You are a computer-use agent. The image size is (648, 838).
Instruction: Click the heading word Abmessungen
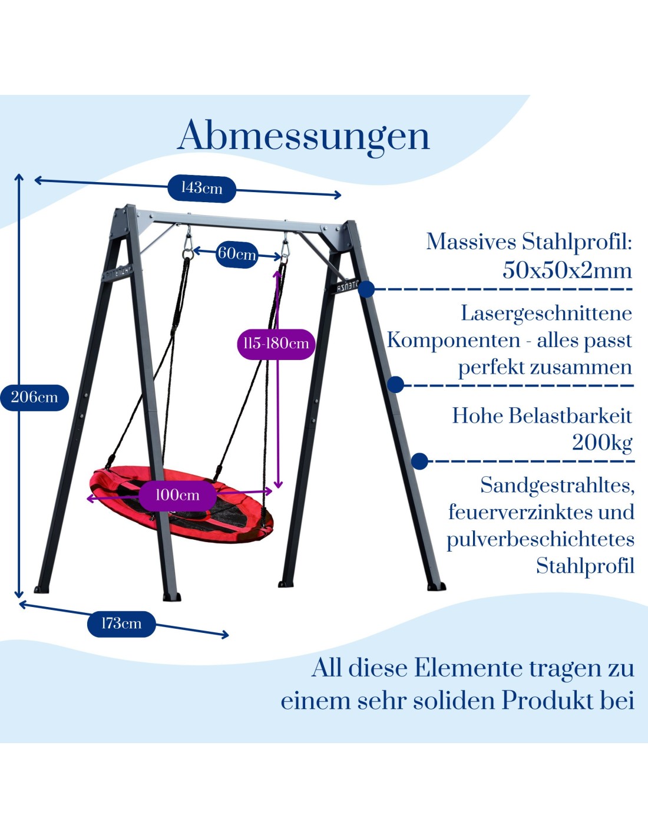pos(303,136)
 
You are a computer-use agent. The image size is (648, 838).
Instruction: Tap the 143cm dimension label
pos(201,189)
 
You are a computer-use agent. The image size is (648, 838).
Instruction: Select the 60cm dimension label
pos(237,254)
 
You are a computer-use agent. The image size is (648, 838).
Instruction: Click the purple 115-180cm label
pos(276,344)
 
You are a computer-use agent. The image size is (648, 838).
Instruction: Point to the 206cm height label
pos(35,397)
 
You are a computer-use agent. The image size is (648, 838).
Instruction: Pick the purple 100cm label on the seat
pos(177,496)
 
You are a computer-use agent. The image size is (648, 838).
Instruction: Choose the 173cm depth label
pos(121,623)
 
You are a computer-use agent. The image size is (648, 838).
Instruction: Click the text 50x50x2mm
pos(567,270)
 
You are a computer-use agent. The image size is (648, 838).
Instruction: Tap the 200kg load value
pos(602,442)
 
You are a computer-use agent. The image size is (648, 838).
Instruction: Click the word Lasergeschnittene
pos(546,314)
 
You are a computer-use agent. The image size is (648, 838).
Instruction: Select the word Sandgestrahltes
pos(557,486)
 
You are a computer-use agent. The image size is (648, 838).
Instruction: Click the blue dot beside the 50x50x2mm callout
pos(366,289)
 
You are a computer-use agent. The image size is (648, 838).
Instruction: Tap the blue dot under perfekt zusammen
pos(396,385)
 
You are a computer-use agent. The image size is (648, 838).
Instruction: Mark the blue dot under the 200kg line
pos(419,461)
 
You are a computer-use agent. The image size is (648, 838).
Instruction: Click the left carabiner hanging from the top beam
pos(188,246)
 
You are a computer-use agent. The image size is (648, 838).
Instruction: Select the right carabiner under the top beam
pos(285,250)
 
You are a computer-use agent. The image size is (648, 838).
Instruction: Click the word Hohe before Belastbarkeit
pos(477,416)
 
